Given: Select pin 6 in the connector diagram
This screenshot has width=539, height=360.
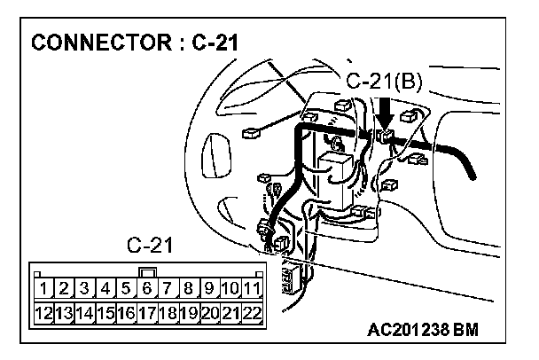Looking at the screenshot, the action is pos(146,287).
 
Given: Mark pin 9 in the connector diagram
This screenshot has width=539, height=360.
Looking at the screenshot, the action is pos(209,287).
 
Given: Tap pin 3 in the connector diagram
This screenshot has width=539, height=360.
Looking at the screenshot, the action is pos(83,287).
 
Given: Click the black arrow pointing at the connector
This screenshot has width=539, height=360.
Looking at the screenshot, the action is pos(386,113).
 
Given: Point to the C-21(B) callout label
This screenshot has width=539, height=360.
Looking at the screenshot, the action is pos(385,82).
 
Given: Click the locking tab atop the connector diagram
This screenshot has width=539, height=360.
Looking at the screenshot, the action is pos(147,271).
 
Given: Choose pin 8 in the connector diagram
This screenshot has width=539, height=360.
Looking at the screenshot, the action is pos(189,287).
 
